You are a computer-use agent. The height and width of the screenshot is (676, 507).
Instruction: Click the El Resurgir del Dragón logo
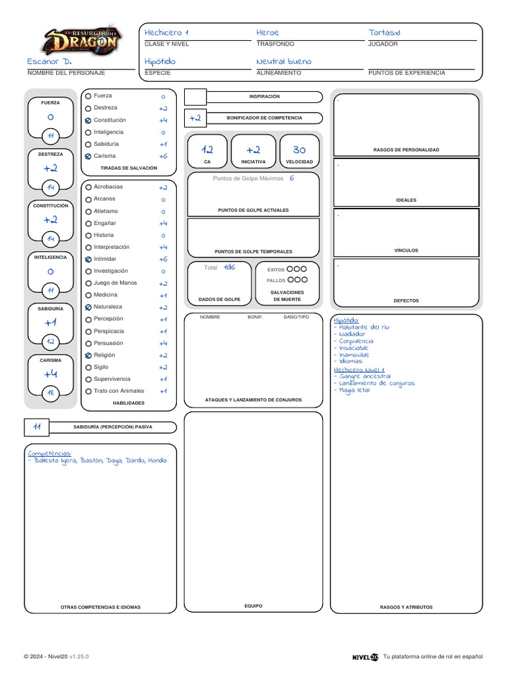pyautogui.click(x=81, y=41)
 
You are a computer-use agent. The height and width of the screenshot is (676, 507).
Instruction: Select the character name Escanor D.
pyautogui.click(x=49, y=61)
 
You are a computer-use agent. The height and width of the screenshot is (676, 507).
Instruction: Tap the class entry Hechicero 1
pyautogui.click(x=166, y=32)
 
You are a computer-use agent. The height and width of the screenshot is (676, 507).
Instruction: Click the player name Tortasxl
pyautogui.click(x=384, y=32)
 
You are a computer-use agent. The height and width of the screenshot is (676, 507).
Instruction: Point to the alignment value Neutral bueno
pyautogui.click(x=283, y=61)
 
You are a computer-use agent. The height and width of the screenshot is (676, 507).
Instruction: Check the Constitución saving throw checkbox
pyautogui.click(x=88, y=120)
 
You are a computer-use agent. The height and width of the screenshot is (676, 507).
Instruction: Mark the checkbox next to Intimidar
pyautogui.click(x=88, y=259)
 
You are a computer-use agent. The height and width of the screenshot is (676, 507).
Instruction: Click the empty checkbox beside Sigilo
pyautogui.click(x=88, y=368)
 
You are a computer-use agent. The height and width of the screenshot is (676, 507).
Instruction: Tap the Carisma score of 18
pyautogui.click(x=50, y=393)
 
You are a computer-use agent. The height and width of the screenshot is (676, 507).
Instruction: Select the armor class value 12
pyautogui.click(x=207, y=150)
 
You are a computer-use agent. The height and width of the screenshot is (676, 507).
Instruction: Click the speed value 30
pyautogui.click(x=299, y=150)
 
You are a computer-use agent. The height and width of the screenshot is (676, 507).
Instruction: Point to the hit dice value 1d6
pyautogui.click(x=228, y=267)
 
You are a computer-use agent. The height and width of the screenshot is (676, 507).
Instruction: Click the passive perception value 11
pyautogui.click(x=37, y=427)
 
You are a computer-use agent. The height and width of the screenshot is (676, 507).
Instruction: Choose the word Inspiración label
pyautogui.click(x=264, y=96)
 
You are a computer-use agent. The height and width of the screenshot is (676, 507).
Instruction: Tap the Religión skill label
pyautogui.click(x=104, y=355)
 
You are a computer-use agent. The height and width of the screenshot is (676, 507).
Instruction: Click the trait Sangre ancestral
pyautogui.click(x=364, y=376)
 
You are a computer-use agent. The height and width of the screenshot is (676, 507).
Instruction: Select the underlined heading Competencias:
pyautogui.click(x=49, y=454)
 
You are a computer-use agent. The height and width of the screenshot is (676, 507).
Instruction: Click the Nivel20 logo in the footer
pyautogui.click(x=365, y=657)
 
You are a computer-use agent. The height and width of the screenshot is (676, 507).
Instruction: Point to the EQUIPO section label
pyautogui.click(x=253, y=605)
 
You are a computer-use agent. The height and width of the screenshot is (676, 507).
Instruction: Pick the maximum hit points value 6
pyautogui.click(x=292, y=178)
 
